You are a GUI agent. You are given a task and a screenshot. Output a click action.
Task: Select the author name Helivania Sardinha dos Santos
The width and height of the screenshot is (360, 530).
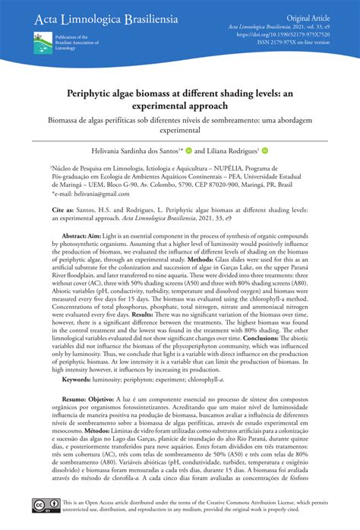coord(152,150)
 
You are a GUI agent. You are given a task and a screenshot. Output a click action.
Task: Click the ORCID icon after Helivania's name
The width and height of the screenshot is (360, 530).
coord(200,150)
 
